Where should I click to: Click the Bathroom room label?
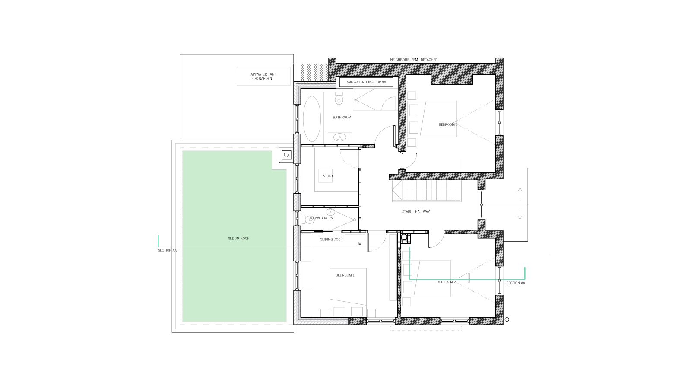point(342,117)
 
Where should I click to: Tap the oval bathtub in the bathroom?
point(311,119)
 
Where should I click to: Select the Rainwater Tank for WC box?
point(366,82)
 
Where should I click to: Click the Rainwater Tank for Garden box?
point(263,76)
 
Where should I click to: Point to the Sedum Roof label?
point(238,239)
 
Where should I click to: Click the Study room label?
point(328,176)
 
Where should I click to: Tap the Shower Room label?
point(321,218)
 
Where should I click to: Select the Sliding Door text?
point(331,239)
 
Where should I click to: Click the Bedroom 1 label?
point(345,275)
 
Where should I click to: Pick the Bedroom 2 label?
point(446,282)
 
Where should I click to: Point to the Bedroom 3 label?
point(448,125)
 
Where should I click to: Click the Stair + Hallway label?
point(416,212)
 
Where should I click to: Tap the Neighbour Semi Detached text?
point(414,60)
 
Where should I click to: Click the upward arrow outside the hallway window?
point(520,193)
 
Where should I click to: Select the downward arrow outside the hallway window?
point(520,214)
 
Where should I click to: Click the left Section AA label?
point(167,250)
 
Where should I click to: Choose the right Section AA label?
point(516,283)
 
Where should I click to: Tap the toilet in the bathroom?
point(339,99)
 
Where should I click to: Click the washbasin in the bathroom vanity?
point(339,137)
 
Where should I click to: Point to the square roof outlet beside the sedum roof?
point(286,155)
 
